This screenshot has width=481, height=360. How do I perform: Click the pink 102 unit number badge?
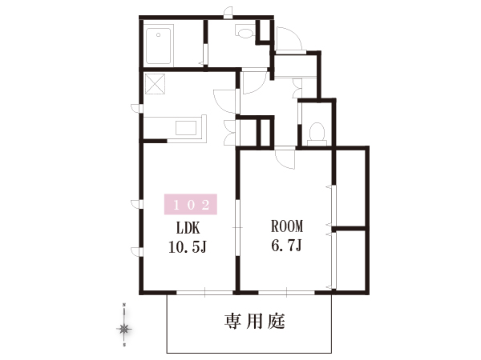[x=191, y=204]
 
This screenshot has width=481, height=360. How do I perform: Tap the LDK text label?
[x=188, y=228]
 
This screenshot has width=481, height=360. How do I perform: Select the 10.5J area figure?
[x=188, y=247]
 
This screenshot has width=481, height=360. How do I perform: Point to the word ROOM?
[x=287, y=226]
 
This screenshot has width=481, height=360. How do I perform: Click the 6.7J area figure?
[x=287, y=246]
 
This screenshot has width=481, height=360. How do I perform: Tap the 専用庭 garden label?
[x=255, y=322]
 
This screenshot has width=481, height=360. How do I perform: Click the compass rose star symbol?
[x=124, y=329]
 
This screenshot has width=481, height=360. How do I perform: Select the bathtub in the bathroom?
[x=158, y=46]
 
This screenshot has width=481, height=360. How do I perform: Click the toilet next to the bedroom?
[x=317, y=134]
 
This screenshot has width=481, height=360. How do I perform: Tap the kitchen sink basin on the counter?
[x=186, y=128]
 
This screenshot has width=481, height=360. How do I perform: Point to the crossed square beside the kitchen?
[x=155, y=84]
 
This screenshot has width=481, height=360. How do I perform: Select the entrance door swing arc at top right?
[x=290, y=39]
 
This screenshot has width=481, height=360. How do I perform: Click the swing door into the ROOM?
[x=285, y=158]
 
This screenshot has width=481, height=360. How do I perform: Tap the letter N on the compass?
[x=124, y=305]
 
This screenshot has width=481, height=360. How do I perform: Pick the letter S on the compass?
[x=124, y=346]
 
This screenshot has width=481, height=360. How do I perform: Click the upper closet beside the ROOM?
[x=350, y=188]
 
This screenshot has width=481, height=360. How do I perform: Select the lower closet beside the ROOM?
[x=350, y=259]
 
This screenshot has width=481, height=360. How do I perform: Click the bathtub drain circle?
[x=158, y=35]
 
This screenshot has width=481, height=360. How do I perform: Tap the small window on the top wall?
[x=228, y=13]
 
